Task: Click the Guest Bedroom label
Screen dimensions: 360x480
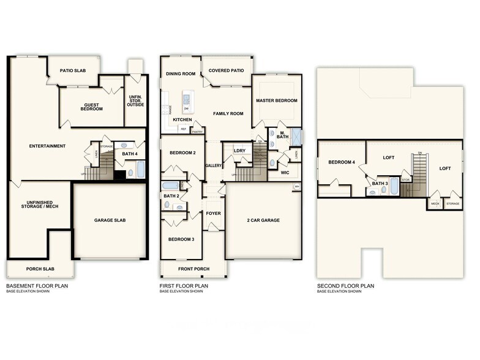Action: coord(91,107)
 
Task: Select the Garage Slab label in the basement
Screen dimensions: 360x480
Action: coord(110,220)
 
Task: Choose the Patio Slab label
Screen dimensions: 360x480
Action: coord(72,71)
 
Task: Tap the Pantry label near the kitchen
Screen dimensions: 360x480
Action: coord(197,131)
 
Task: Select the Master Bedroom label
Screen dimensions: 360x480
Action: coord(277,100)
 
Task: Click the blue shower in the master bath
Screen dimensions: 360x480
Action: coord(296,135)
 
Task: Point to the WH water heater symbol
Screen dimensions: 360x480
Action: coord(297,186)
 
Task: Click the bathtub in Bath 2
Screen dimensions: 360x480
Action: coord(171,186)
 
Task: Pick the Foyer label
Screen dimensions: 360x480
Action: coord(213,213)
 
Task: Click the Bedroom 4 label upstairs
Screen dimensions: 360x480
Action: coord(341,162)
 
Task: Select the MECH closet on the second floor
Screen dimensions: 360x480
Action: coord(435,203)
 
